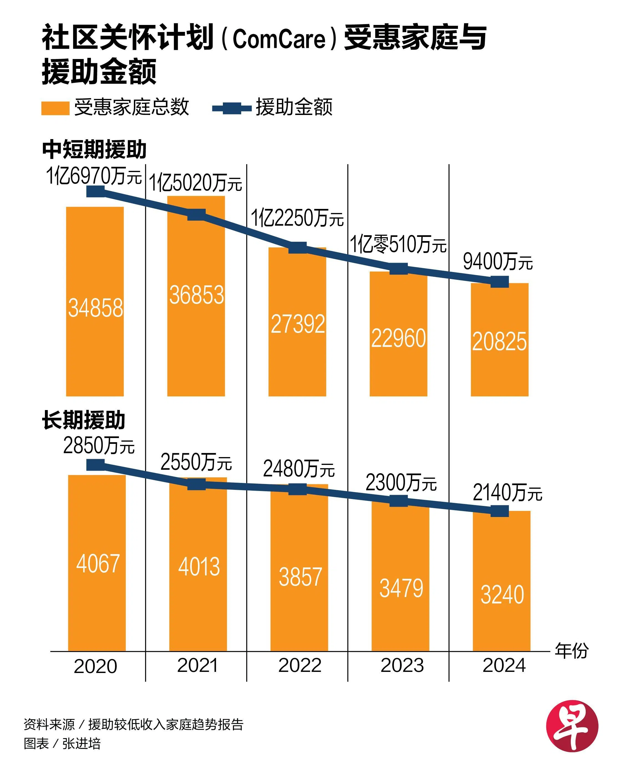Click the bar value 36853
pyautogui.click(x=197, y=295)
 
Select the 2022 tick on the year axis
pyautogui.click(x=300, y=666)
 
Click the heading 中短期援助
pyautogui.click(x=94, y=149)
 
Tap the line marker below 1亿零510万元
pyautogui.click(x=399, y=269)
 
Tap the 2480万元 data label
pyautogui.click(x=299, y=469)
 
